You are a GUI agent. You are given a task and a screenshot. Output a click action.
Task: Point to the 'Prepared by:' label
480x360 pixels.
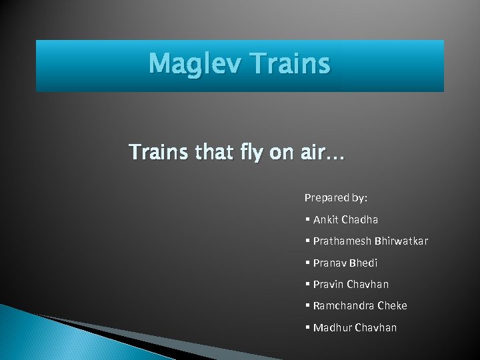tap(336, 197)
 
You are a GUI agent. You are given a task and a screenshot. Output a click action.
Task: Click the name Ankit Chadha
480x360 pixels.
tap(345, 219)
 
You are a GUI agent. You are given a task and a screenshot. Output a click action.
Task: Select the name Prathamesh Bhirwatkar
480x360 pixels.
tap(370, 241)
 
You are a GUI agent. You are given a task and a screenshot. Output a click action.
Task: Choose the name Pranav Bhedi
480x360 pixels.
tap(345, 263)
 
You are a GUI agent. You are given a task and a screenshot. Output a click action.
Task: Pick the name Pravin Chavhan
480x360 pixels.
tap(351, 284)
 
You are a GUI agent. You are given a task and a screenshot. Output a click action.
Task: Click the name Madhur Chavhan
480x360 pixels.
tap(355, 327)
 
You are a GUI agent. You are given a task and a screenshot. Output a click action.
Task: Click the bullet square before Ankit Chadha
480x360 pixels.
tap(307, 219)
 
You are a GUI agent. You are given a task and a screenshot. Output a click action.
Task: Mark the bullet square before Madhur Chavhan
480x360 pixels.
tap(307, 327)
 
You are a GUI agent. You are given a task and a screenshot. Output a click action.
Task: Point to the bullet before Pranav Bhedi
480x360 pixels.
tap(307, 263)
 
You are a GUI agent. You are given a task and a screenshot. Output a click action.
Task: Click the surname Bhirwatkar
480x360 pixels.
tap(401, 241)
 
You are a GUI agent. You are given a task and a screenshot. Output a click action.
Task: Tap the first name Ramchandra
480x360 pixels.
tap(343, 305)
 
